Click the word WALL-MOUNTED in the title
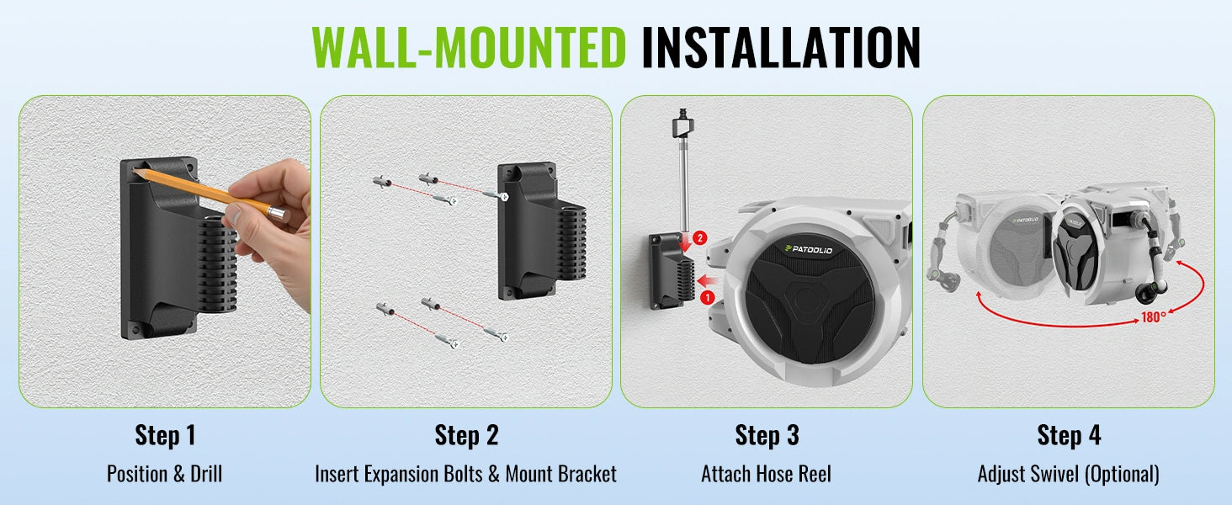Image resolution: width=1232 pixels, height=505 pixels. pos(469,47)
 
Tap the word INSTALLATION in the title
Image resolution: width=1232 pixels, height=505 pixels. pos(781,47)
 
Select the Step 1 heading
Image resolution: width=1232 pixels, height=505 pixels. pos(165,435)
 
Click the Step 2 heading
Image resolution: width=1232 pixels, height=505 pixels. pos(466,435)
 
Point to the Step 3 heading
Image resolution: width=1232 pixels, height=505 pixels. pos(767,435)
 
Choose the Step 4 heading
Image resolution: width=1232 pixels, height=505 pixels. pos(1069,435)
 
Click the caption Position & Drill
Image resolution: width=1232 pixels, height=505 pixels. pos(164,474)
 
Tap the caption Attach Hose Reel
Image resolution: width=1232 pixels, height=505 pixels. pos(766,474)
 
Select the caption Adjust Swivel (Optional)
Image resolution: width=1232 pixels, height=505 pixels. pos(1068,474)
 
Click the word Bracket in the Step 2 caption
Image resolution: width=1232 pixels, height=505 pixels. pos(588,474)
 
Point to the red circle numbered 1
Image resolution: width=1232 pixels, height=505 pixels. pos(707,298)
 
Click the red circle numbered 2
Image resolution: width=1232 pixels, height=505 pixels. pos(699,238)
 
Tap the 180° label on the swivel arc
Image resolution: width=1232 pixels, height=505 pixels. pos(1154,317)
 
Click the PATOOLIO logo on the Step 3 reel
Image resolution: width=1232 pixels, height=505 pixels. pos(809,249)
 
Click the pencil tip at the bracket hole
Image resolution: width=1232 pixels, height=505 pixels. pos(135,171)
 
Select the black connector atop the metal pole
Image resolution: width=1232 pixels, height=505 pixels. pos(682,124)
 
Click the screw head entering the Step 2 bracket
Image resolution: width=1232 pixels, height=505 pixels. pos(504,196)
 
